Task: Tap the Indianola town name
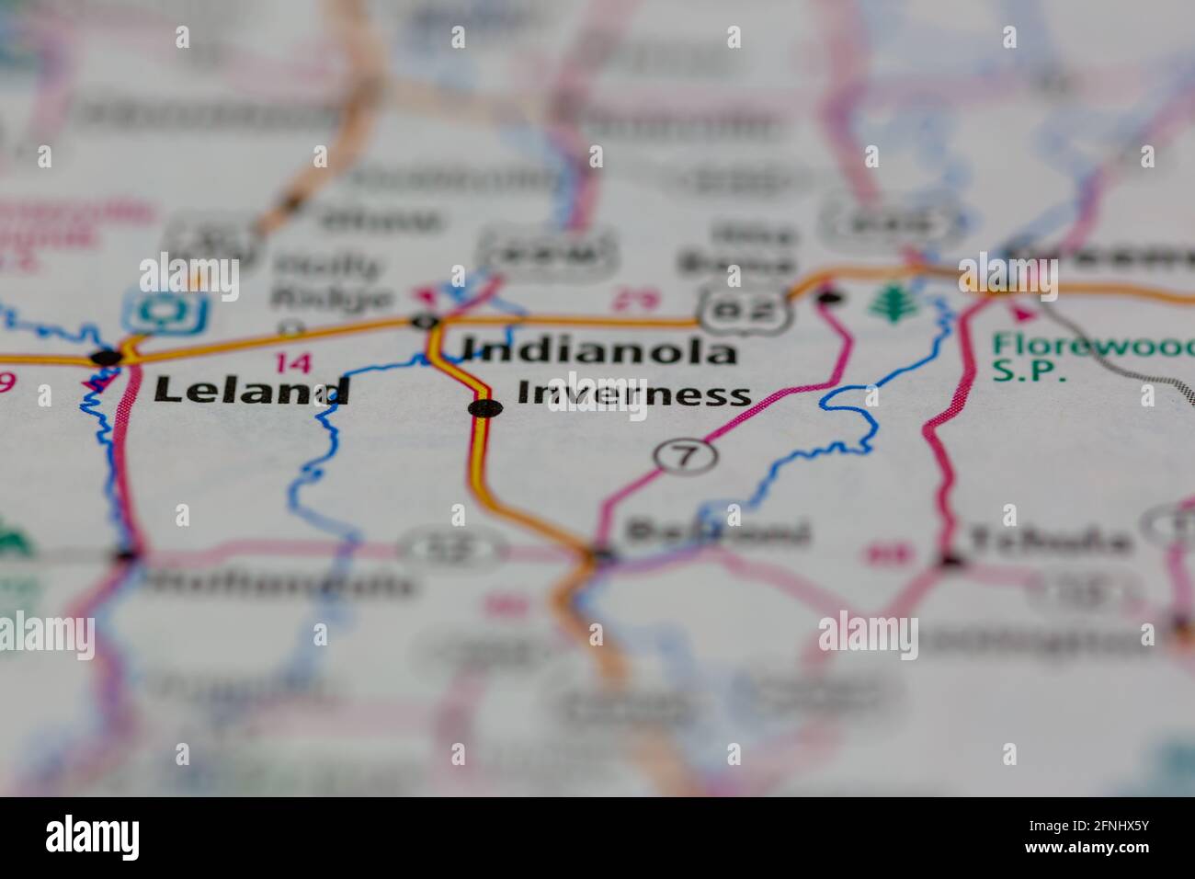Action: coord(598,350)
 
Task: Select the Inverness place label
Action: coord(633,394)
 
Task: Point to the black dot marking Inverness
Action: coord(484,408)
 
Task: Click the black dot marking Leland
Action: coord(107,356)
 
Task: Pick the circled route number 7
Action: coord(687,455)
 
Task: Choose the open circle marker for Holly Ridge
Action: coord(291,325)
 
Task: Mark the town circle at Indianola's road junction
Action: coord(426,321)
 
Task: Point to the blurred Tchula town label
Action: coord(1047,541)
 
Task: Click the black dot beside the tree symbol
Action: coord(829,296)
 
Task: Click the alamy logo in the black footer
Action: coord(93,838)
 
